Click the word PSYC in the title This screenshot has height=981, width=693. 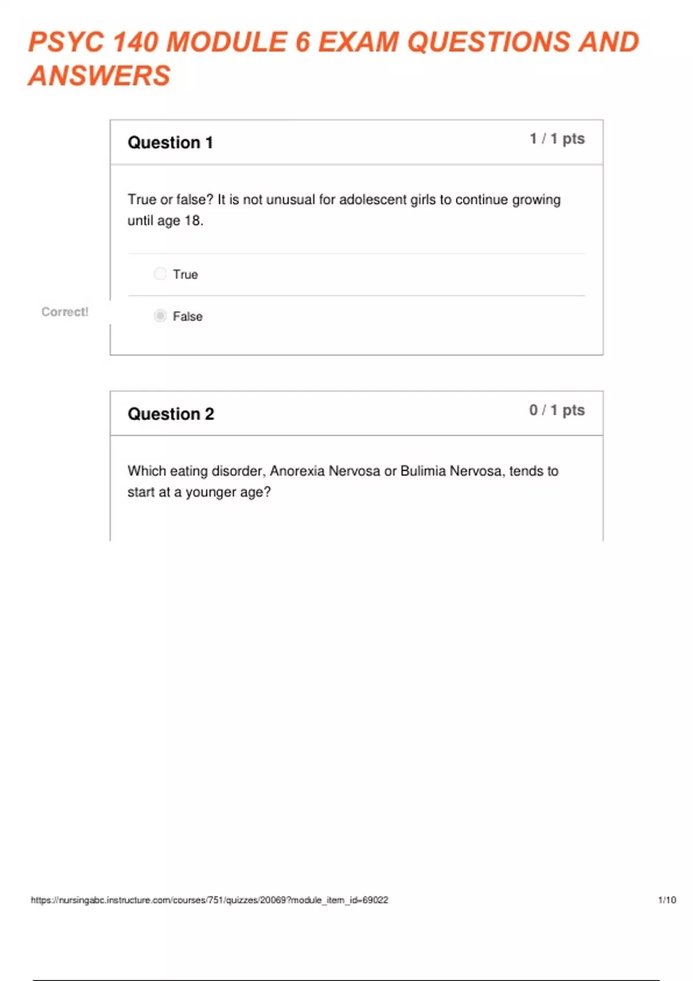(66, 42)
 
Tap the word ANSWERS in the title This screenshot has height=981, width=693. (99, 76)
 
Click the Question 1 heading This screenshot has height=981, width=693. (170, 143)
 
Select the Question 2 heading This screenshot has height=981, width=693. (171, 414)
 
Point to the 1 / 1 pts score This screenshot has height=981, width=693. (557, 139)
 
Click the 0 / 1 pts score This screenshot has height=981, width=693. (557, 410)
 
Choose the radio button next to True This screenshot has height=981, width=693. (160, 274)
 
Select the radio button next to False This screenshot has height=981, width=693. (160, 316)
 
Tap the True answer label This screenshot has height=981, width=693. (185, 275)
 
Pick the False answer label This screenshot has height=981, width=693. (188, 317)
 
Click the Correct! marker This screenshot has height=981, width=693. (65, 312)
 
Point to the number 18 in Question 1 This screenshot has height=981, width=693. (192, 221)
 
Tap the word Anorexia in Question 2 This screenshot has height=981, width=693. (297, 471)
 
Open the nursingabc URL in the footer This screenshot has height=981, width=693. (210, 900)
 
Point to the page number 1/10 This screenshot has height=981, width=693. (667, 900)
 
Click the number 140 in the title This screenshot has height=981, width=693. (135, 42)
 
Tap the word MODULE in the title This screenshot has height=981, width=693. (226, 42)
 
